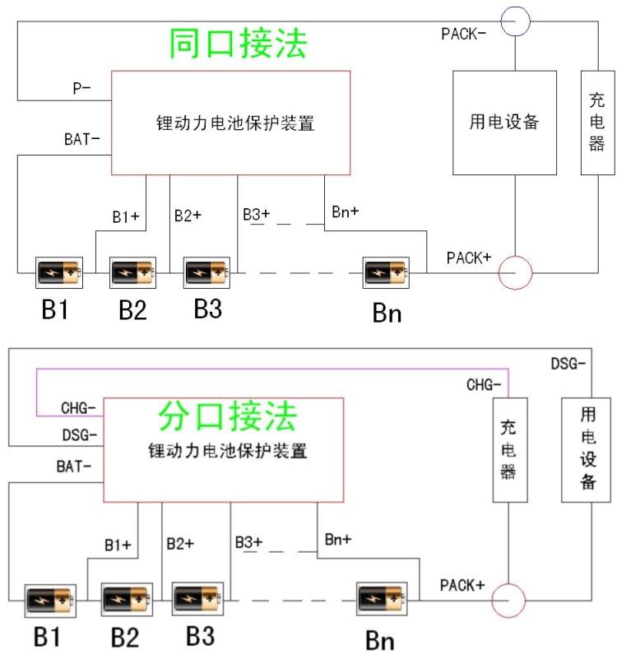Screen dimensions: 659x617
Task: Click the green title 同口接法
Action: [238, 44]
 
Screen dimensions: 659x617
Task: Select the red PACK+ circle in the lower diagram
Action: [508, 601]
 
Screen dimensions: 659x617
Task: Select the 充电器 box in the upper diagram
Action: [597, 123]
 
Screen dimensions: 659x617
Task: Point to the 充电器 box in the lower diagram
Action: [509, 451]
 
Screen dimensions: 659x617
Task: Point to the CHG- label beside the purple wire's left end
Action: [79, 407]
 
